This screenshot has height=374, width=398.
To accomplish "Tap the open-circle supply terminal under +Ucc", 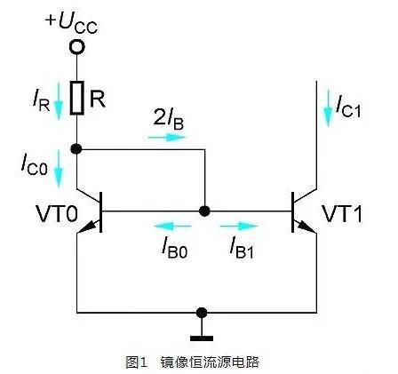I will click(77, 44).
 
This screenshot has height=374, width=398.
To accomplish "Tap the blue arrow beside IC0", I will click(58, 168).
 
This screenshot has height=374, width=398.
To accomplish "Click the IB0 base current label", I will click(171, 246).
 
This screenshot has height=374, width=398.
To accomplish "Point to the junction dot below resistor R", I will click(77, 149).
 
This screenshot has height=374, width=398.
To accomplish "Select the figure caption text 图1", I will click(136, 362).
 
